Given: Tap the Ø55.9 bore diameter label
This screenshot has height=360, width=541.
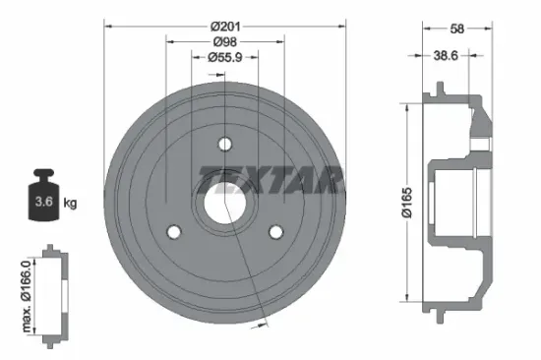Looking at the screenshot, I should click(227, 58).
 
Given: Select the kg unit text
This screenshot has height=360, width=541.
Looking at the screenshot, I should click(69, 204).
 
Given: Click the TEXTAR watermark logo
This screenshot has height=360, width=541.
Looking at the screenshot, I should click(270, 180).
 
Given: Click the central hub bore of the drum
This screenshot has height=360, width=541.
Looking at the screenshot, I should click(224, 206).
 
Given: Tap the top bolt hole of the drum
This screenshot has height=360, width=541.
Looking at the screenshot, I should click(224, 144).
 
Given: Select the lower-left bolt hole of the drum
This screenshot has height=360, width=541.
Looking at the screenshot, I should click(174, 232).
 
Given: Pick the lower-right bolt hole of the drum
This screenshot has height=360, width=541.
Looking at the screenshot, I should click(276, 232).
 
